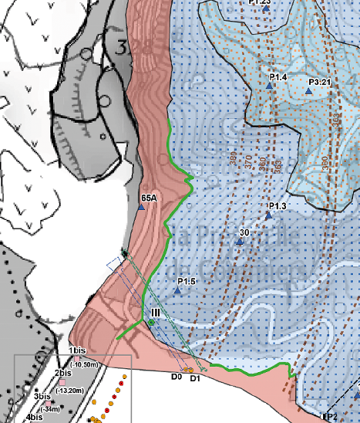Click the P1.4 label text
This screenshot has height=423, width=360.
click(278, 78)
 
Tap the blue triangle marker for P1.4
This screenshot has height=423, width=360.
click(269, 87)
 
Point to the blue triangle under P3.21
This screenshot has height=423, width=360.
click(308, 91)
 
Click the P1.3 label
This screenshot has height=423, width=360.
click(278, 206)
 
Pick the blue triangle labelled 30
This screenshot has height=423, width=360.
click(240, 242)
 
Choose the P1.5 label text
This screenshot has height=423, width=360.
click(187, 281)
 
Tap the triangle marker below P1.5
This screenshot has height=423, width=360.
click(177, 290)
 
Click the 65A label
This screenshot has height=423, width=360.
click(150, 198)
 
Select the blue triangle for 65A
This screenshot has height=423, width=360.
click(142, 207)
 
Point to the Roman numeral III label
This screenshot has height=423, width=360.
click(156, 311)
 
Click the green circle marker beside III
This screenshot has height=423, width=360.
click(152, 321)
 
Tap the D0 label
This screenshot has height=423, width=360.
click(176, 377)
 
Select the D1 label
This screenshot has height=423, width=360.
click(195, 378)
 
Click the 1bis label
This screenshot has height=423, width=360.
click(77, 351)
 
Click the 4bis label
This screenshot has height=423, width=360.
click(34, 418)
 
